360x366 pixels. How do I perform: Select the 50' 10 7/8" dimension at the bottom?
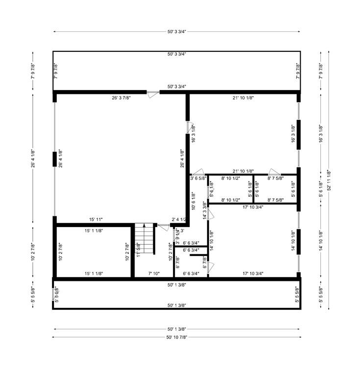176,337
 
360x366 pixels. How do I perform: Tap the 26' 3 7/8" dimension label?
121,98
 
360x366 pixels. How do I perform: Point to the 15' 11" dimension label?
96,220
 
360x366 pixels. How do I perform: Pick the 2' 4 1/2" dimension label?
178,220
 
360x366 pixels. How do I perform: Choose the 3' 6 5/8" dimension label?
198,179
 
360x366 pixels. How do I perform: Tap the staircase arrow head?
144,226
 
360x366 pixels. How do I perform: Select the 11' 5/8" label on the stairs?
138,250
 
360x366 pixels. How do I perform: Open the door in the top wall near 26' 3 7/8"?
153,92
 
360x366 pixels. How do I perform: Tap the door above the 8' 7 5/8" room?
273,172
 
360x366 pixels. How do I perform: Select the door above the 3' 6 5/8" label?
198,172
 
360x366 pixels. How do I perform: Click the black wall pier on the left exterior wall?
54,159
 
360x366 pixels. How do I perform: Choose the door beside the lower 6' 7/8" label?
211,268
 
